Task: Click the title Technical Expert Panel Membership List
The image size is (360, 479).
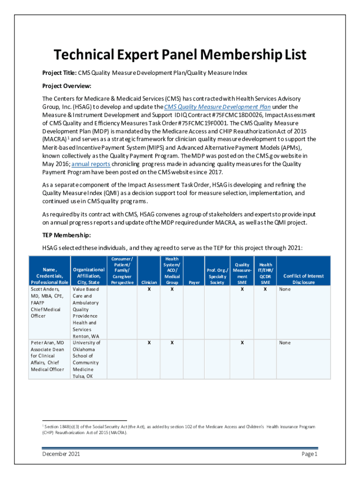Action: [x=180, y=55]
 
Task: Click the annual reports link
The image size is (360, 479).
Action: [x=91, y=164]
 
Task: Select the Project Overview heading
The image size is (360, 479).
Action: [x=66, y=86]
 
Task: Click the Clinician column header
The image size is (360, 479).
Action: [x=149, y=283]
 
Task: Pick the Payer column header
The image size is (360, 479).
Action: [x=194, y=283]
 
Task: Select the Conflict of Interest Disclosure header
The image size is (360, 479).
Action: [x=303, y=279]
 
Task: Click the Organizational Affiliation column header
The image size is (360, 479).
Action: [x=88, y=276]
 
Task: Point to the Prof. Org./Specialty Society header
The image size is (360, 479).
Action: [x=217, y=276]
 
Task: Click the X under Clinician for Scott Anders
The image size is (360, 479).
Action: [x=149, y=290]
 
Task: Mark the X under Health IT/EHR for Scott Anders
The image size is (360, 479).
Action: [x=265, y=290]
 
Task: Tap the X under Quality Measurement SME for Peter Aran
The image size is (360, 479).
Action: [x=242, y=343]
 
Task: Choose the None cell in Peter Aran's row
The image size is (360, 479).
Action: [x=285, y=343]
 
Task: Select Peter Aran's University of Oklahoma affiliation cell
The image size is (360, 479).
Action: [x=86, y=359]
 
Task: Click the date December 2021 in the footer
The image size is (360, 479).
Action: [x=60, y=454]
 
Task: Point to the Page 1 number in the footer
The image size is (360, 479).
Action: [x=310, y=454]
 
